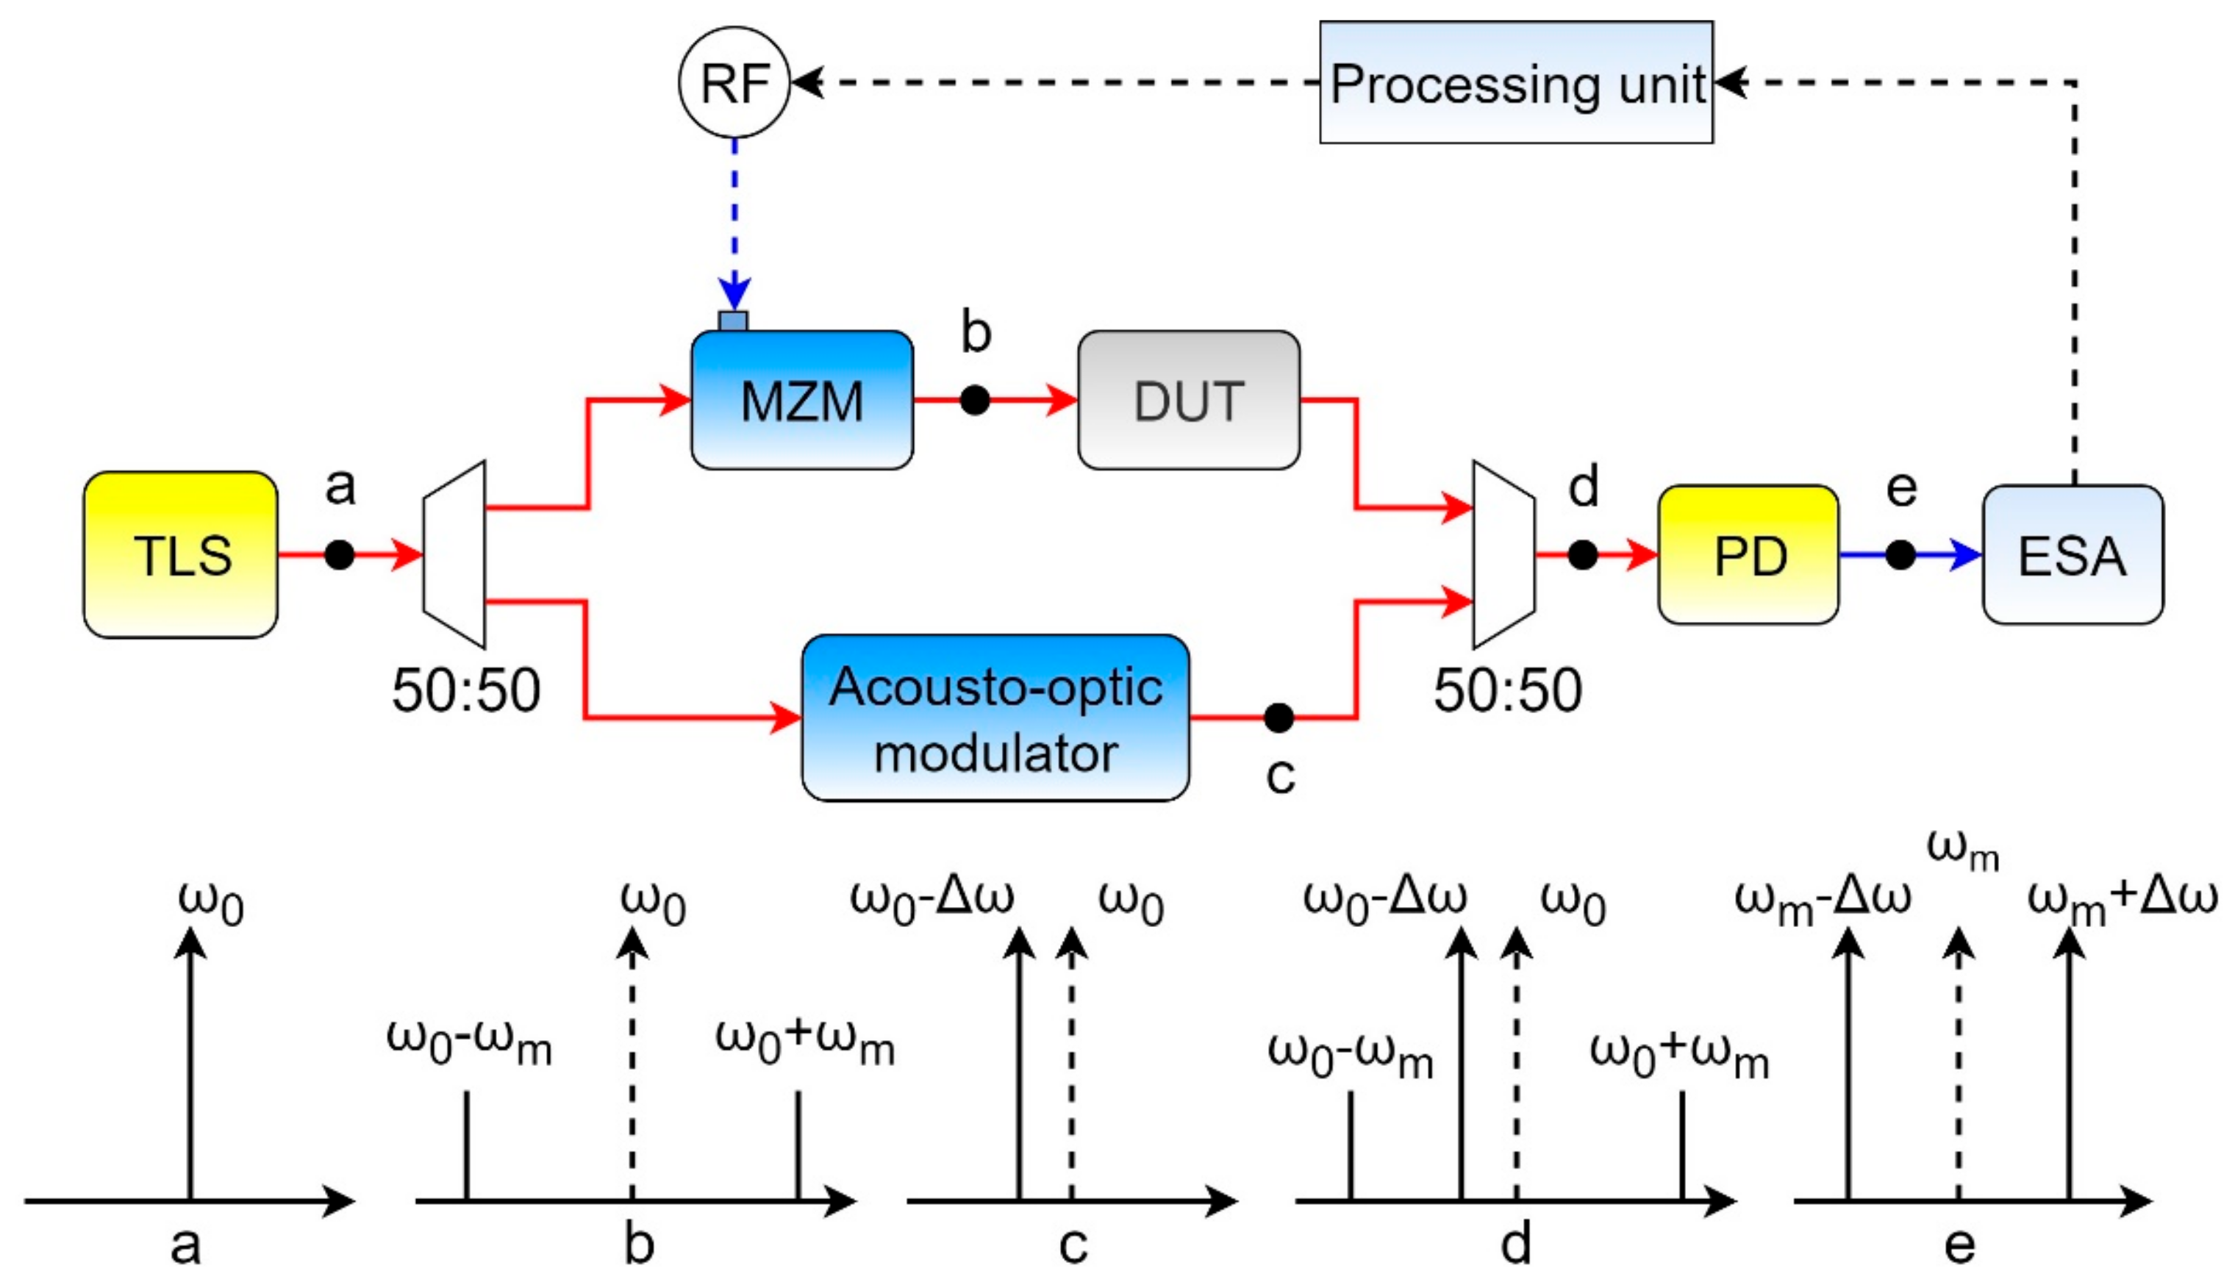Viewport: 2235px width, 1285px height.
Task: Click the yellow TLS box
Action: (181, 554)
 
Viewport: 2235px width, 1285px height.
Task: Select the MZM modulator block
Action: (801, 401)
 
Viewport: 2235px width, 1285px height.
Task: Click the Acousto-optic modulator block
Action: (995, 717)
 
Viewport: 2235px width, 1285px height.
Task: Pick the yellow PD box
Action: (1748, 554)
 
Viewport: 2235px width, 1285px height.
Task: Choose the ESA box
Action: (2072, 554)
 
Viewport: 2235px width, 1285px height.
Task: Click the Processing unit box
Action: (1516, 82)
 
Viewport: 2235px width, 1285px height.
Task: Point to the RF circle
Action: (734, 82)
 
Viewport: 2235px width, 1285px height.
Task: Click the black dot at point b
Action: (974, 401)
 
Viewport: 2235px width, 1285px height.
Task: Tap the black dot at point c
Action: (1279, 717)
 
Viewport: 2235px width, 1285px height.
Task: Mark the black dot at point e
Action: (1900, 554)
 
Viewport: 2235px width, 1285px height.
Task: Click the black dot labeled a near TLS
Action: (339, 554)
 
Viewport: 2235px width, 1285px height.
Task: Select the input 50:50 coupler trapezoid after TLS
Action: (454, 554)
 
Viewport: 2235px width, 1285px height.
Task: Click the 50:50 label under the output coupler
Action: (1507, 690)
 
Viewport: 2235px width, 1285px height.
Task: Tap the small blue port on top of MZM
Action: (733, 321)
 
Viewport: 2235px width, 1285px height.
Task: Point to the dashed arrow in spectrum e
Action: (1958, 1068)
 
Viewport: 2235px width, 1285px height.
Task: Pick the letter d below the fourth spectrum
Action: (1516, 1245)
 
